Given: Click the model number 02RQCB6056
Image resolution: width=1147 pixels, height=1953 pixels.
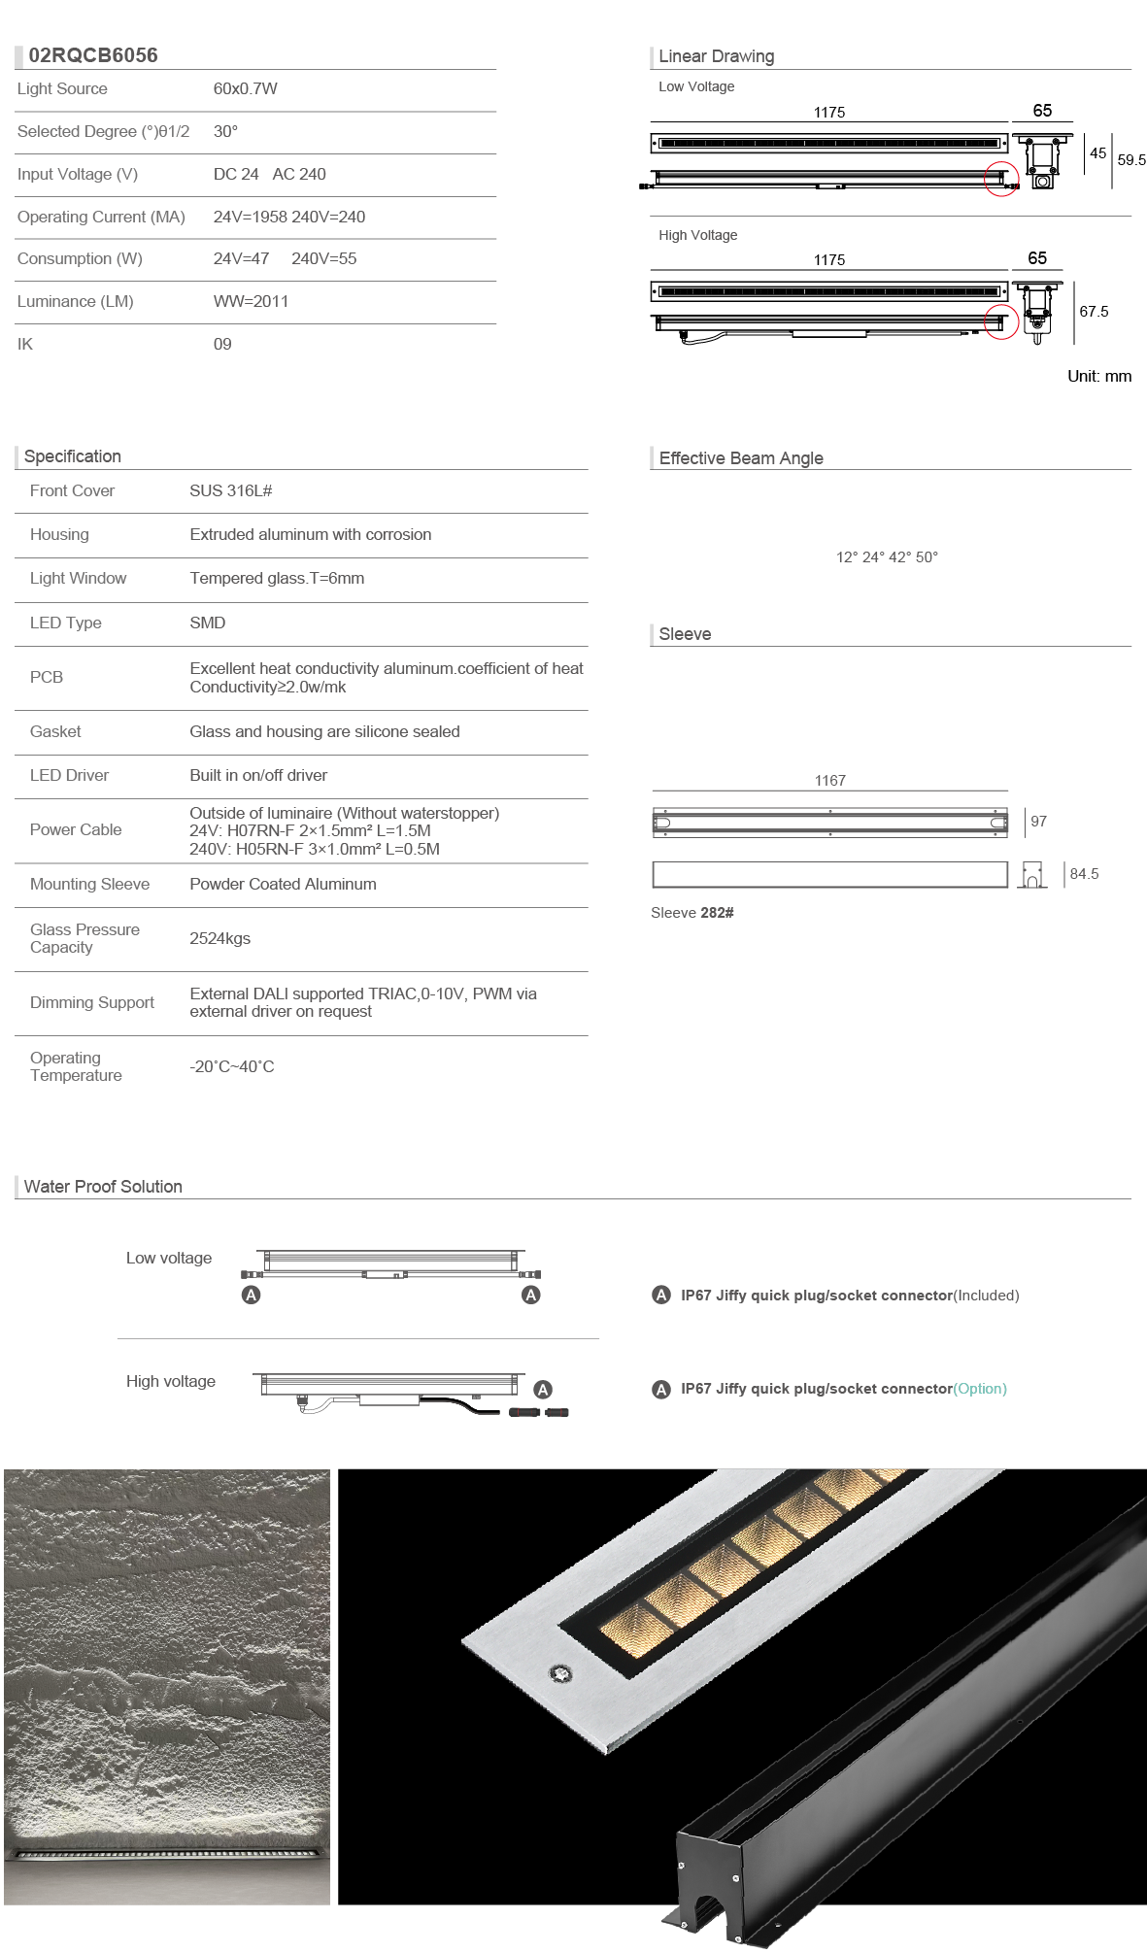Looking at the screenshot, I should [x=92, y=55].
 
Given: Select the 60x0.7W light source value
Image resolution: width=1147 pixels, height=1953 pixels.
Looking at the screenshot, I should [x=245, y=88].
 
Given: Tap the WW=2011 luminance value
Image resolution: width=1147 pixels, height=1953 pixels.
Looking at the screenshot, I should [x=251, y=301].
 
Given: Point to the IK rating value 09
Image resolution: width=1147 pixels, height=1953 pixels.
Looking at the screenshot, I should [x=222, y=344].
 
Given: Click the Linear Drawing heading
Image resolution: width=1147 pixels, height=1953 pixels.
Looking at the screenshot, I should [x=716, y=56].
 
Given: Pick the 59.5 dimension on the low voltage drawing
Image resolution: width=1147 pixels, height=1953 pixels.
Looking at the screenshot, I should [x=1130, y=160].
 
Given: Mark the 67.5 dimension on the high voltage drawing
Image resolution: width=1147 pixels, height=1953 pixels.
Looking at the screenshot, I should [x=1094, y=312].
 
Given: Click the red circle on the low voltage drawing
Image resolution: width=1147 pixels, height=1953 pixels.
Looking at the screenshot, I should [x=1001, y=180].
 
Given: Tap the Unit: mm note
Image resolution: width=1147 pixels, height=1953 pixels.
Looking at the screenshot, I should [x=1098, y=377].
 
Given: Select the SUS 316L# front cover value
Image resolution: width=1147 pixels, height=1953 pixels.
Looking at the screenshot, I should [x=230, y=491].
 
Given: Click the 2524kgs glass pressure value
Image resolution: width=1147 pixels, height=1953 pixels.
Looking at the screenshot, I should [x=219, y=939].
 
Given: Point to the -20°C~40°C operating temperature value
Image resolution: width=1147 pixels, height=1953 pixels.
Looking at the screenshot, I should [x=231, y=1067].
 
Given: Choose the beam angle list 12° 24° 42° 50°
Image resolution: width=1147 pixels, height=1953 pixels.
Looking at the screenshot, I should [x=887, y=557].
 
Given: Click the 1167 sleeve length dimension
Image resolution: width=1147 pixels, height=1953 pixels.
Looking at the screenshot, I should [x=829, y=781].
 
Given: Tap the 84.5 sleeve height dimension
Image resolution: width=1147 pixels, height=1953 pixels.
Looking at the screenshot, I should [x=1084, y=874].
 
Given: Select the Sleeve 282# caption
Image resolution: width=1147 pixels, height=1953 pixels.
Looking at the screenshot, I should [x=692, y=913].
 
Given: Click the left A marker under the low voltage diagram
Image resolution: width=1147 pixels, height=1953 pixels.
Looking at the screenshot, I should [x=251, y=1295].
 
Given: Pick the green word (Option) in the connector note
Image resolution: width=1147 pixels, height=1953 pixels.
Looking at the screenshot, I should [x=980, y=1389].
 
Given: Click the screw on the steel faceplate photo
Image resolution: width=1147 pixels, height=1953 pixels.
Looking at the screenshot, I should [x=560, y=1672].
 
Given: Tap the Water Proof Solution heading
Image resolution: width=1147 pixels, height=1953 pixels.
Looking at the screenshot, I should [x=103, y=1187].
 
